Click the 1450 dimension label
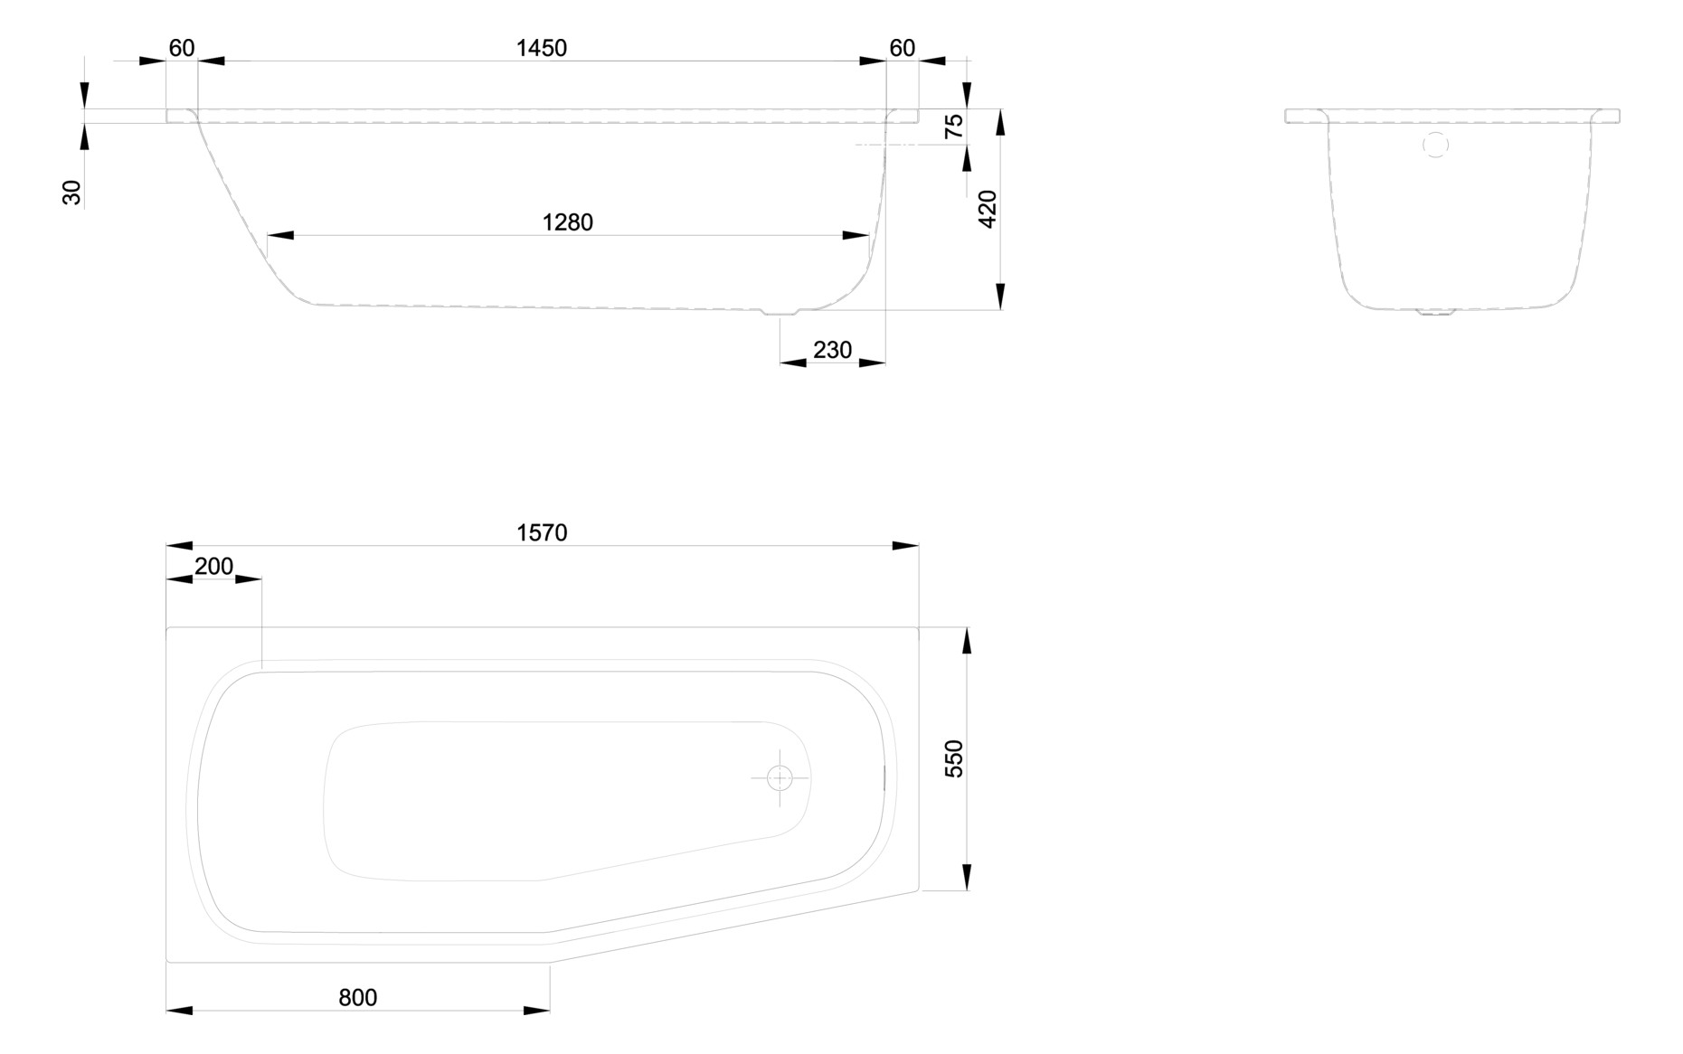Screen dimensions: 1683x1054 541,48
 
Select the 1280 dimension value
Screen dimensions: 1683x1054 567,222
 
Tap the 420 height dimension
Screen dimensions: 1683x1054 988,209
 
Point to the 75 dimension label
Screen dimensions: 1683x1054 954,127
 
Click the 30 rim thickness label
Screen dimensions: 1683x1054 71,193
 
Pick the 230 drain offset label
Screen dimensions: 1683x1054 832,350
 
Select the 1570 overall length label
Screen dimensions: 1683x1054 542,533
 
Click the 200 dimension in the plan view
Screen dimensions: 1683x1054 213,567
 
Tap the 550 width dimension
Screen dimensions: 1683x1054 954,758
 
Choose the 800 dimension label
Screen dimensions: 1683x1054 357,998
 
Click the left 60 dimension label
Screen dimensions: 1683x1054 182,48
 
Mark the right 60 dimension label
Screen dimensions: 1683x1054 902,48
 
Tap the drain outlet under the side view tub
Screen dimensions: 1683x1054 780,313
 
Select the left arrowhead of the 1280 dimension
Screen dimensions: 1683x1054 280,236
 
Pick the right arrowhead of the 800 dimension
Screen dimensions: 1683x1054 536,1011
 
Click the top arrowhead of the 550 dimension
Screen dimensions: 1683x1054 967,640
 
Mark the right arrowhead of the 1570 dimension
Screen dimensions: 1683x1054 905,546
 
